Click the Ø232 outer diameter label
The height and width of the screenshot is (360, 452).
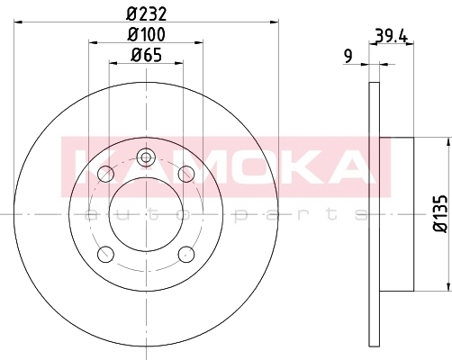tap(146, 13)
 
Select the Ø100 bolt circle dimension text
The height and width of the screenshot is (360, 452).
tap(146, 34)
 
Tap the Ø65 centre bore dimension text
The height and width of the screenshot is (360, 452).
tap(147, 55)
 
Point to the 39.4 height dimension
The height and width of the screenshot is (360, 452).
tap(392, 36)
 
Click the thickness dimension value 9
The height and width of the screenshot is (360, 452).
tap(348, 56)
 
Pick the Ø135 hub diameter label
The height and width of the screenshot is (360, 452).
tap(440, 213)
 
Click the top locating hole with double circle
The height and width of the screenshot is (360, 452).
tap(146, 157)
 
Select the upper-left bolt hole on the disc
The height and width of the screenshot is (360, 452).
tap(105, 174)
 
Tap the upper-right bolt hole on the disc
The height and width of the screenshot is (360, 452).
tap(186, 174)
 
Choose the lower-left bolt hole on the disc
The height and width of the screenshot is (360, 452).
tap(105, 254)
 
